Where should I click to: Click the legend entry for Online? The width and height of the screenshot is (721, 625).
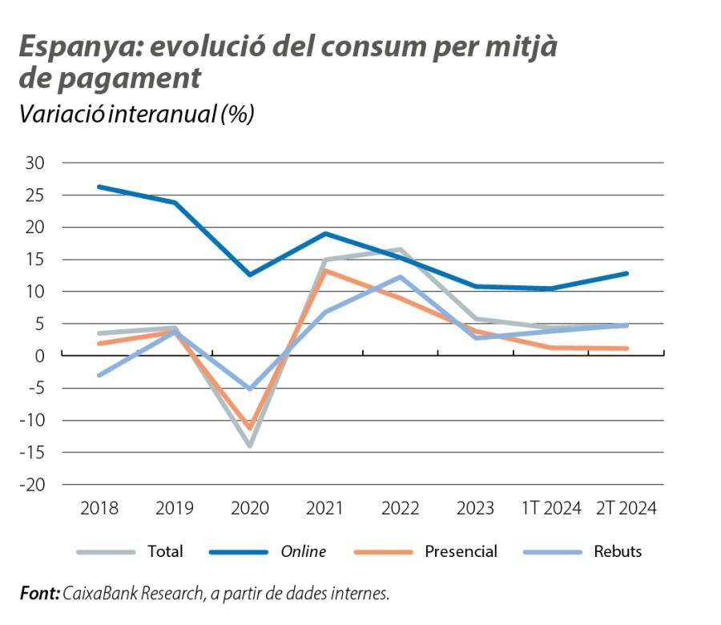[303, 551]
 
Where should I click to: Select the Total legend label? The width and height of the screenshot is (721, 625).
[165, 551]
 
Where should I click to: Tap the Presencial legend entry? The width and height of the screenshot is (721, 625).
[461, 551]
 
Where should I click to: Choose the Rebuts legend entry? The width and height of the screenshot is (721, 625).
[618, 551]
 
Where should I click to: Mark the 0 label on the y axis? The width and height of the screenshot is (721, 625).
[38, 356]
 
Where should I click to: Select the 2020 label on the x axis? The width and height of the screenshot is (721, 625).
[250, 509]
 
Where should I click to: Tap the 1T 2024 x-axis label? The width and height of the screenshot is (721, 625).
[551, 509]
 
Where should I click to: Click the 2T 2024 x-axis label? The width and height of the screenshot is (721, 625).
[626, 509]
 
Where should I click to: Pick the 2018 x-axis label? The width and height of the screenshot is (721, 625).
[99, 509]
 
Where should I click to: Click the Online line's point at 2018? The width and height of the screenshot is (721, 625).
[99, 187]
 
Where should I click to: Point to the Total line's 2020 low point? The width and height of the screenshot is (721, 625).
[250, 446]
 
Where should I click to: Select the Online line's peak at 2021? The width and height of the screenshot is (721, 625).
[325, 233]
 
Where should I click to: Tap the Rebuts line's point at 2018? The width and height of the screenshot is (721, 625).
[99, 375]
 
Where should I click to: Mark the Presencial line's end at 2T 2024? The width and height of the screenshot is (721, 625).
[626, 349]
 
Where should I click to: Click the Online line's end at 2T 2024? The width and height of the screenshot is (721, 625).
[626, 273]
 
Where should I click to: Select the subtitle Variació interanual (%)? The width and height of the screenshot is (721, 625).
[136, 114]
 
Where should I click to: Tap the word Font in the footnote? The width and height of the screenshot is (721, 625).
[38, 594]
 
